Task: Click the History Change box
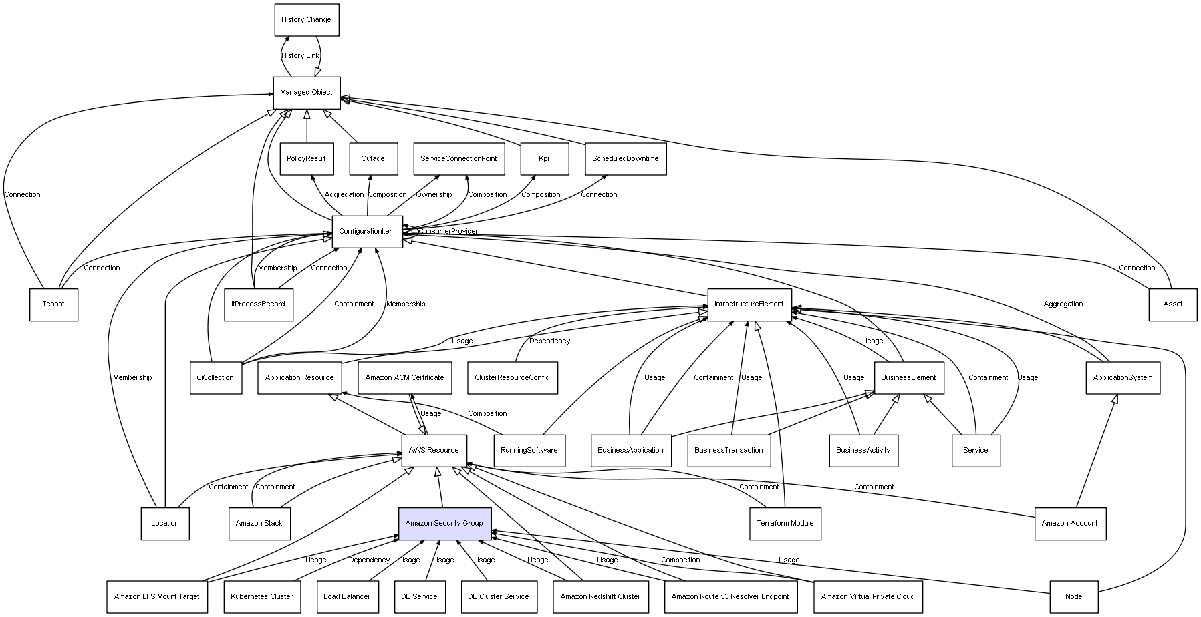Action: (307, 20)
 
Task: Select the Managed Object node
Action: (307, 93)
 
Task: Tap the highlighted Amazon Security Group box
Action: (444, 524)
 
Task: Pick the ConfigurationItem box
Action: (367, 232)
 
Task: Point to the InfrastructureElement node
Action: (749, 304)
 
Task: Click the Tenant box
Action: (53, 304)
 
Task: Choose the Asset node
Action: (1172, 304)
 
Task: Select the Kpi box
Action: (544, 159)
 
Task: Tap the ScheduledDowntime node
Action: (625, 159)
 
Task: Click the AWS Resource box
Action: (434, 451)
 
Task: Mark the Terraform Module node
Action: (785, 524)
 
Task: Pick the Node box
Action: (1073, 597)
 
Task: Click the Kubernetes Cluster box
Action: (262, 597)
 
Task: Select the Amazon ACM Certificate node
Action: (404, 378)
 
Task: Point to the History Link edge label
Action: (300, 56)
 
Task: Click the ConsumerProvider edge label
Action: (448, 232)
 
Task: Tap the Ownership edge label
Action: (434, 195)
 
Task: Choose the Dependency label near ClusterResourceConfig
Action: (549, 341)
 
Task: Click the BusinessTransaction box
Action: (728, 451)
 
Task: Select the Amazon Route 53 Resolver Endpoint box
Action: (730, 597)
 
